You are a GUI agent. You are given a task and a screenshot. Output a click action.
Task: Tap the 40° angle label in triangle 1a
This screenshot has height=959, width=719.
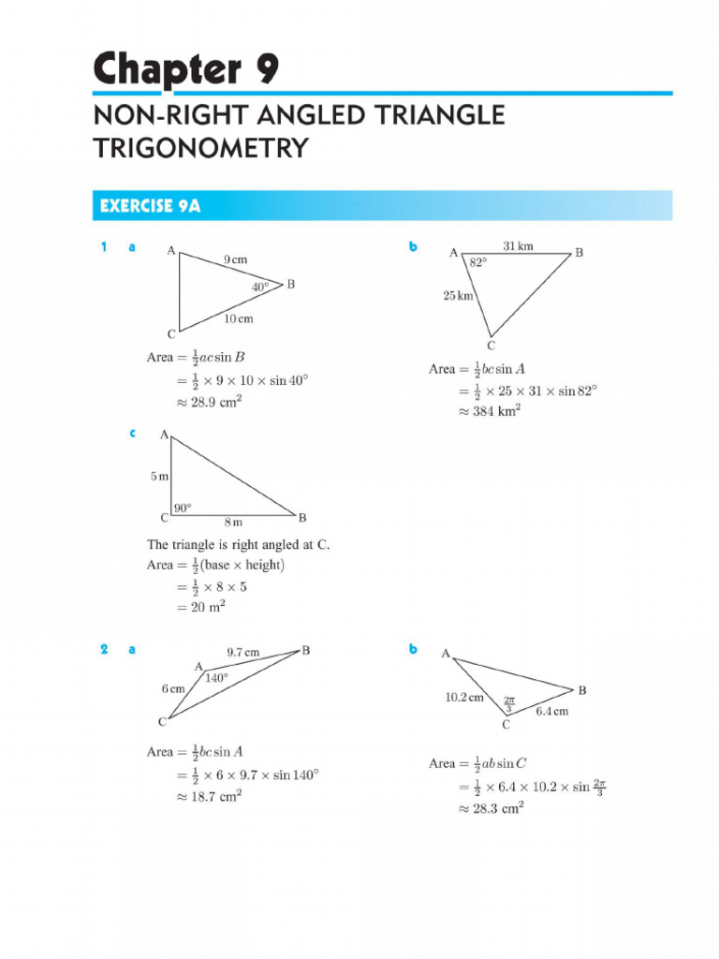259,287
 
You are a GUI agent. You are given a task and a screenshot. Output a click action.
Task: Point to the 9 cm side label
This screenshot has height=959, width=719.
236,258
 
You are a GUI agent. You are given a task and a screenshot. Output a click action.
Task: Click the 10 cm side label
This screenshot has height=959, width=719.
238,319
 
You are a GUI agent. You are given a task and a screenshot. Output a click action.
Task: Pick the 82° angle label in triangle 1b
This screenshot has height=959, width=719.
478,264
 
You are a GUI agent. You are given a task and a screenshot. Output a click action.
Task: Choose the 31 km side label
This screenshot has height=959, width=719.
518,246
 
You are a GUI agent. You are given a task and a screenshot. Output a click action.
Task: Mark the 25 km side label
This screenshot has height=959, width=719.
458,296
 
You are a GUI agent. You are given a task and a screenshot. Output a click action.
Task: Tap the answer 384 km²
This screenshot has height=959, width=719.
492,410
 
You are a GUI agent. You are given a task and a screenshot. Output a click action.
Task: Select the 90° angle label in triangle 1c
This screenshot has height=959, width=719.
182,508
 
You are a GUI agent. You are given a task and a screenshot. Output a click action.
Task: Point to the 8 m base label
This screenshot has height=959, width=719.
232,522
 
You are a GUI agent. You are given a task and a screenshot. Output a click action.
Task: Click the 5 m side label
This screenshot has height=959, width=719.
160,477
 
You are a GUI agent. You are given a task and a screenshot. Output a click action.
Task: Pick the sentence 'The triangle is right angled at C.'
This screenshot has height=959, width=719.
239,544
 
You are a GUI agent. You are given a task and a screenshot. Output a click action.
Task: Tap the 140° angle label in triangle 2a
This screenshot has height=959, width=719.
216,679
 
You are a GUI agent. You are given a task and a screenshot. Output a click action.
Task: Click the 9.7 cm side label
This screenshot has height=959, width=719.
243,652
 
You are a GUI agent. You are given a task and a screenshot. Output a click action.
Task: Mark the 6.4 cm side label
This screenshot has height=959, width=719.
551,712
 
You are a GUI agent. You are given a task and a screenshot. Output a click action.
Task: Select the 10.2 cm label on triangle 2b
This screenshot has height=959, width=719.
464,698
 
